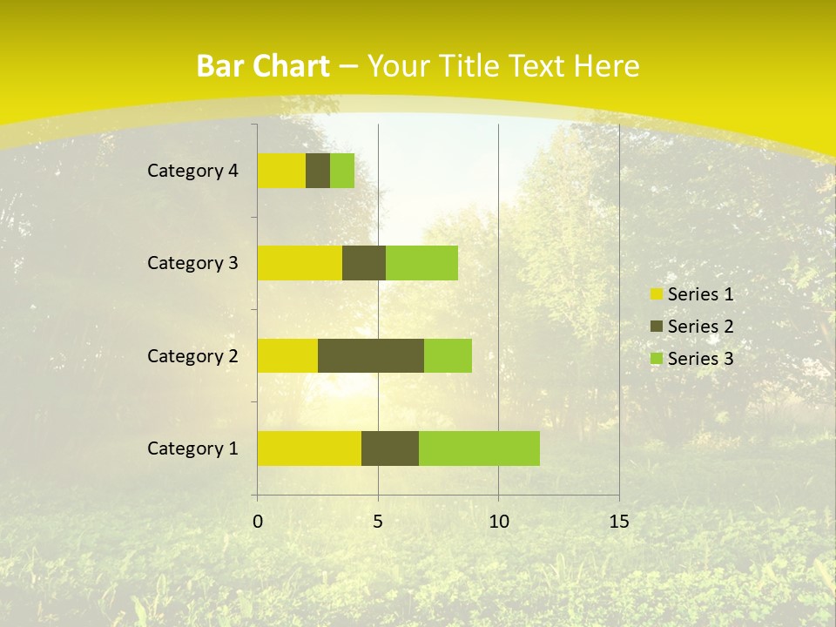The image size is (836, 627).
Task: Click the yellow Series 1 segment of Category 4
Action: click(281, 171)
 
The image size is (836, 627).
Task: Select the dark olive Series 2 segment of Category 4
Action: click(318, 171)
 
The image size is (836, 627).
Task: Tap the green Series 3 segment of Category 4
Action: click(342, 171)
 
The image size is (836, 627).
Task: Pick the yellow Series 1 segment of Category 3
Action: click(300, 263)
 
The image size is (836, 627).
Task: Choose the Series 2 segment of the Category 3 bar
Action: click(364, 263)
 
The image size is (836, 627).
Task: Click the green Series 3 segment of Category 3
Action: click(421, 263)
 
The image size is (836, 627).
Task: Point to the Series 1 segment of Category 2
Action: click(287, 355)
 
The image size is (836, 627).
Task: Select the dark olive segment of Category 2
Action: click(371, 355)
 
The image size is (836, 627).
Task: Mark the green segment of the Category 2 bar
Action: click(448, 355)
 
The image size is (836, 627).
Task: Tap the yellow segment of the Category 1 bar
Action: click(309, 448)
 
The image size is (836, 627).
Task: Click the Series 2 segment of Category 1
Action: click(390, 448)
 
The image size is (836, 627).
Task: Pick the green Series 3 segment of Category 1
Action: click(479, 448)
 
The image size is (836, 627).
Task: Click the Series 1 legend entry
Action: click(692, 294)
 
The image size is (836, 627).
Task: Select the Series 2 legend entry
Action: click(692, 327)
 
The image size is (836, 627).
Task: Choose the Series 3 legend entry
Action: click(692, 359)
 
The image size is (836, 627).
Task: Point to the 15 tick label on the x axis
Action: click(619, 522)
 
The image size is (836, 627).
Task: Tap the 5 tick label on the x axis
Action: click(378, 522)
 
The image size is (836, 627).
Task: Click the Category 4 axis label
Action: click(192, 171)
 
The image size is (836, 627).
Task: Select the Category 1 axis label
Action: click(192, 448)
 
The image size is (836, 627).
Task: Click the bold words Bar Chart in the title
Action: click(263, 66)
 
